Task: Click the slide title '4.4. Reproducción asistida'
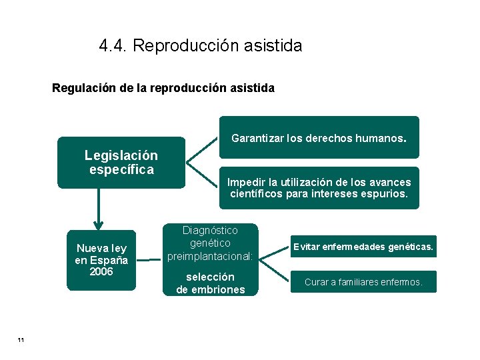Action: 200,46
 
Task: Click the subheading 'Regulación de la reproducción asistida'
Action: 163,87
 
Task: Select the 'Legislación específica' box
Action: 121,163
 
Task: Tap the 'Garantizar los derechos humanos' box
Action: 319,139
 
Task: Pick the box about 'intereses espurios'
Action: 319,188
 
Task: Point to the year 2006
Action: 101,272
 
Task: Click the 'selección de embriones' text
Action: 211,283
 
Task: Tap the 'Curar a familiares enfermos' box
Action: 363,282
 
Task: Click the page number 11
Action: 21,341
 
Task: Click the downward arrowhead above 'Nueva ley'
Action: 99,224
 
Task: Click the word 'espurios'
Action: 385,194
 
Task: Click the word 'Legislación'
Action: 121,155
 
